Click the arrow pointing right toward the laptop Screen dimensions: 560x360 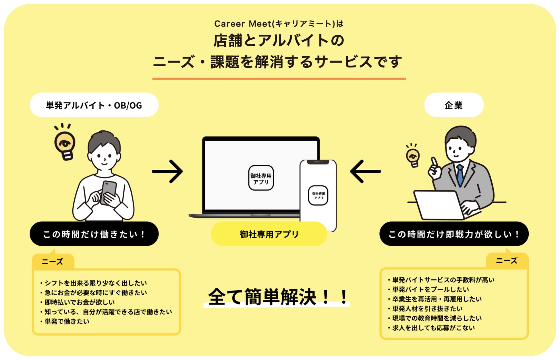tap(167, 171)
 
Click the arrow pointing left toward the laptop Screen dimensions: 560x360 tap(365, 171)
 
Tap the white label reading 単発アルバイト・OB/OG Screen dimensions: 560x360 tap(94, 105)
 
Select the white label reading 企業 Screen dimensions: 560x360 tap(454, 105)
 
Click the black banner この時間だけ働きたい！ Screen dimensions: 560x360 tap(94, 234)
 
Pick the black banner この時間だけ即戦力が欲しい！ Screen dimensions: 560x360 tap(454, 234)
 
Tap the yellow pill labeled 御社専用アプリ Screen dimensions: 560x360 tap(269, 234)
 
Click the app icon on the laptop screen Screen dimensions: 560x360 tap(261, 178)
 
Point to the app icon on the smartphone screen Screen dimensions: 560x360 tap(318, 196)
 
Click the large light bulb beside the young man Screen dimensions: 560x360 tap(65, 144)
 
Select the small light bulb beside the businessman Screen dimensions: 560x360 tap(413, 156)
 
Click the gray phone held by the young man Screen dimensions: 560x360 tap(109, 192)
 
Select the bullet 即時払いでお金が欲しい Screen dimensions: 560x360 tap(80, 302)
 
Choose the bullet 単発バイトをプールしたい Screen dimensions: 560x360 tap(430, 289)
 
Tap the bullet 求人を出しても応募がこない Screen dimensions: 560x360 tap(433, 328)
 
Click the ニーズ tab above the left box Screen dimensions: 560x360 tap(53, 262)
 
